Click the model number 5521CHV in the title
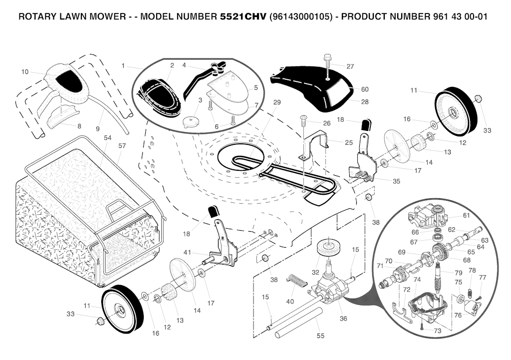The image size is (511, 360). [x=244, y=16]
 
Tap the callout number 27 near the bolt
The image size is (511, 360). [x=350, y=66]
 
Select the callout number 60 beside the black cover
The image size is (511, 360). [x=365, y=89]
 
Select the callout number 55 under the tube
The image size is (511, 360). [x=320, y=336]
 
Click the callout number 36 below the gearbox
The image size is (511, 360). [x=343, y=319]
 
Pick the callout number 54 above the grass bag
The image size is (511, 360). [x=108, y=138]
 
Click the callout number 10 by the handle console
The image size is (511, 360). [x=25, y=72]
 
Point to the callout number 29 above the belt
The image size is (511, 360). [x=276, y=102]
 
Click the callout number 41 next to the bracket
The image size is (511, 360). [x=187, y=252]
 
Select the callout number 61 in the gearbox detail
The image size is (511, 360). [x=467, y=216]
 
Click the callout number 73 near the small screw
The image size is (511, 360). [x=437, y=331]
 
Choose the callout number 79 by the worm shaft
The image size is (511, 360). [x=458, y=273]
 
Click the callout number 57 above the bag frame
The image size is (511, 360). [x=122, y=146]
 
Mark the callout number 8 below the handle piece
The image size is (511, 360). [x=79, y=126]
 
